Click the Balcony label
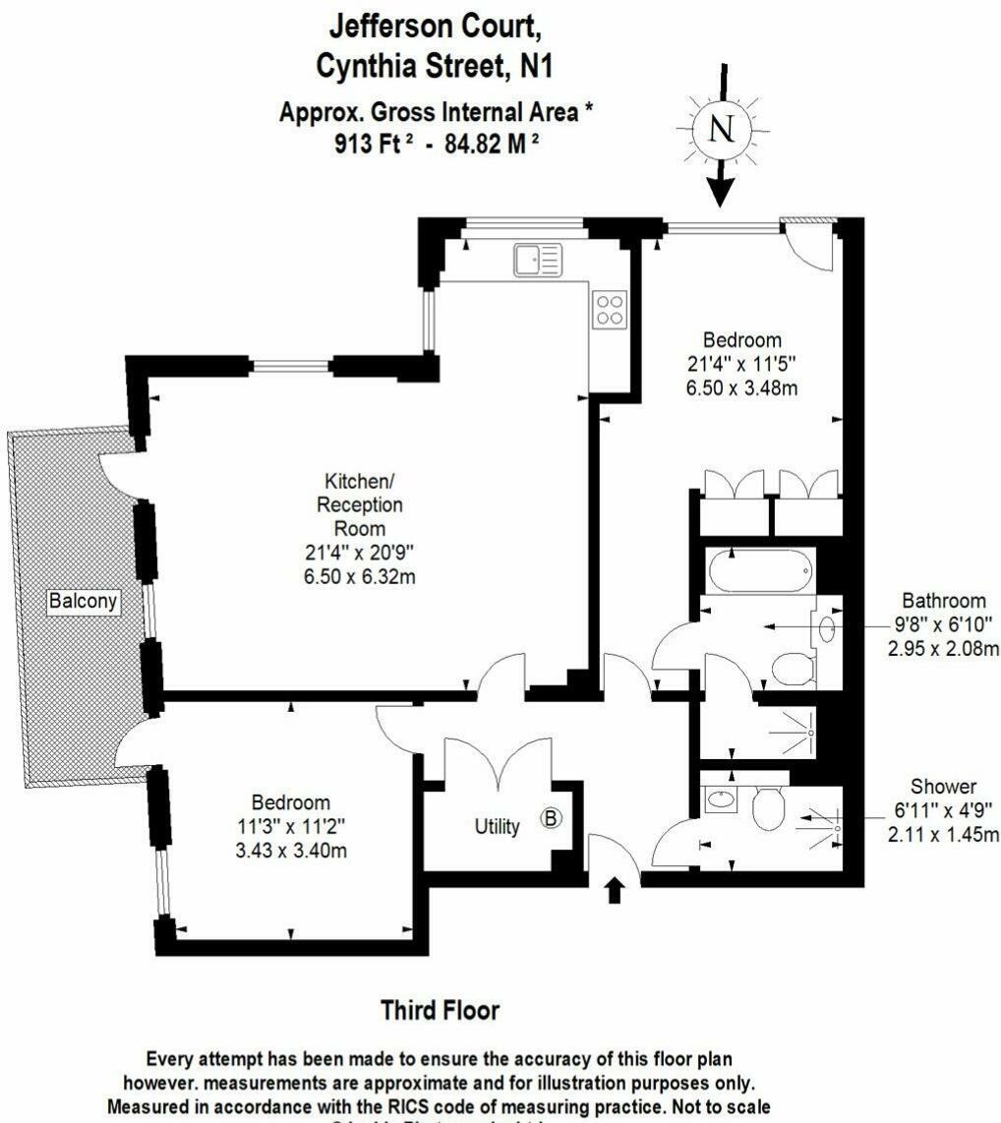[84, 600]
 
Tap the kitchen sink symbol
[536, 261]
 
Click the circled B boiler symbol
[553, 818]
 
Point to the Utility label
[498, 827]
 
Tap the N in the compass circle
[722, 129]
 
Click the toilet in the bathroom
[792, 671]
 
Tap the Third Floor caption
[440, 1010]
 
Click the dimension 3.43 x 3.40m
[291, 851]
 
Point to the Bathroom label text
[944, 601]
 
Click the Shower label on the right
[943, 787]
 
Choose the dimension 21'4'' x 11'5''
[741, 364]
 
